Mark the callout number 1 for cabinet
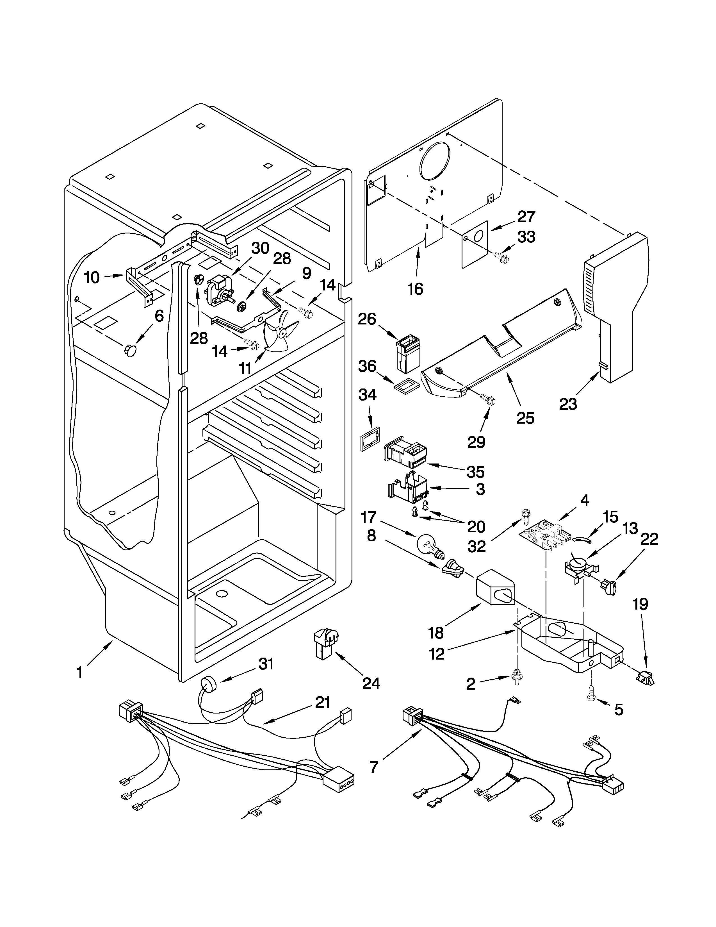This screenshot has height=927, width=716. point(79,672)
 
